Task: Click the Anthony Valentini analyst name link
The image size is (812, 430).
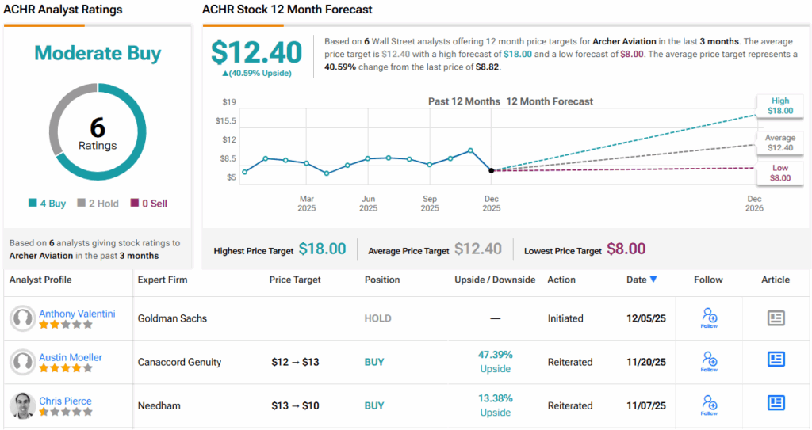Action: point(77,314)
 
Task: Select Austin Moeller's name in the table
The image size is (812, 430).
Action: point(71,357)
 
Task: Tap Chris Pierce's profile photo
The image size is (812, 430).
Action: point(22,405)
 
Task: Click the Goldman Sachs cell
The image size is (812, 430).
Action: point(172,318)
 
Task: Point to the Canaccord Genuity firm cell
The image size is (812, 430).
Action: point(179,362)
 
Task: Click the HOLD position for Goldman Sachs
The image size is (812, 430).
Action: point(377,318)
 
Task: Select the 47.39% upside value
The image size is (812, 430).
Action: point(495,355)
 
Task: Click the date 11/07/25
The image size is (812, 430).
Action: point(646,405)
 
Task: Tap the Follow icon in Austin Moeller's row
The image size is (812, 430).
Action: point(710,361)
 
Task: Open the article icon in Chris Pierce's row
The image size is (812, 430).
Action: point(776,403)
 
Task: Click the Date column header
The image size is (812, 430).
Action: point(641,280)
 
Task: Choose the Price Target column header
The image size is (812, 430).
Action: point(296,280)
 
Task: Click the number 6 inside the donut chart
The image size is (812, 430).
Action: point(98,127)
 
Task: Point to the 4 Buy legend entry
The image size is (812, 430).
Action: point(48,204)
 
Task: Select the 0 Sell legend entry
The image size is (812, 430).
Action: point(149,204)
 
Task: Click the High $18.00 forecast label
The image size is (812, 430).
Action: point(779,106)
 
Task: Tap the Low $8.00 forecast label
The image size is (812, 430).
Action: point(779,173)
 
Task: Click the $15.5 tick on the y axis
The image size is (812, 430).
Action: point(226,120)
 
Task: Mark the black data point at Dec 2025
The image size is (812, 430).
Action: point(492,170)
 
